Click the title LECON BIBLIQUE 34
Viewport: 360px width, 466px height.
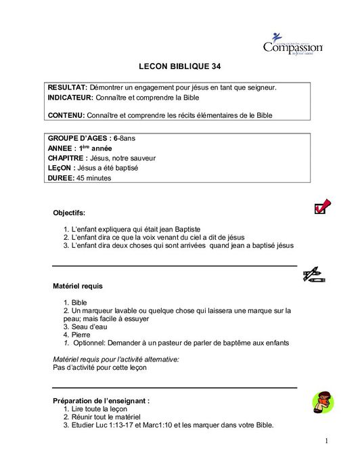coord(179,67)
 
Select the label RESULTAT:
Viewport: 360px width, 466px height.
coord(67,88)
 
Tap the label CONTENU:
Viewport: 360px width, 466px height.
coord(66,116)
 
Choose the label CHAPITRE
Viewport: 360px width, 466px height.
coord(68,158)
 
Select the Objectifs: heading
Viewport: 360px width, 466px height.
coord(69,213)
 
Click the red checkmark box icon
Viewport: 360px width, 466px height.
coord(322,207)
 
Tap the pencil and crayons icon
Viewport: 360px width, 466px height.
coord(314,274)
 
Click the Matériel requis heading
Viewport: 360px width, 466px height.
coord(78,287)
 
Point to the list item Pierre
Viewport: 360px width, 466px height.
coord(81,335)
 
